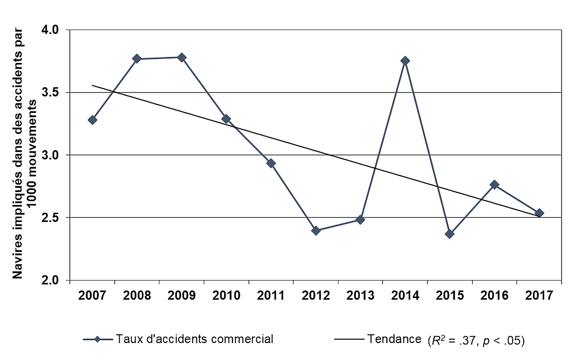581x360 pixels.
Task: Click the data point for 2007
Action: (x=92, y=120)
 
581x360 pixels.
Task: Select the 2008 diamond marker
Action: (x=137, y=59)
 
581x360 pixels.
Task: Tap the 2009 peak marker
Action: (x=182, y=58)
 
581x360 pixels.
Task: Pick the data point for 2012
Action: (x=316, y=231)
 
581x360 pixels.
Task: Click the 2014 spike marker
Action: (x=405, y=61)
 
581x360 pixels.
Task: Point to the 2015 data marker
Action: (x=450, y=234)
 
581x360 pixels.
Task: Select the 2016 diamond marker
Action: (x=494, y=185)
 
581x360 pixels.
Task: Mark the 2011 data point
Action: (x=271, y=163)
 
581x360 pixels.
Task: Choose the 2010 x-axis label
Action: (x=226, y=296)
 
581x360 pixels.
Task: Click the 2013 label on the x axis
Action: (x=360, y=296)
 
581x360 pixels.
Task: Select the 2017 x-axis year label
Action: (x=539, y=296)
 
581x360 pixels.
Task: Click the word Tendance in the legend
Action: (x=394, y=339)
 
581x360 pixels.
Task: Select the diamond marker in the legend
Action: (x=97, y=339)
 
